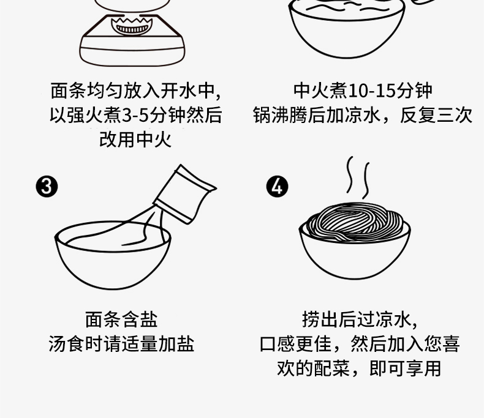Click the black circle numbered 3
[46, 186]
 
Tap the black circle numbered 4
[277, 186]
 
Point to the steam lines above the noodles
[358, 176]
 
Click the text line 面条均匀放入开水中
[135, 91]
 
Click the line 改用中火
[135, 139]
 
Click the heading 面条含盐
[121, 319]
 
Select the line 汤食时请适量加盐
[121, 343]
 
